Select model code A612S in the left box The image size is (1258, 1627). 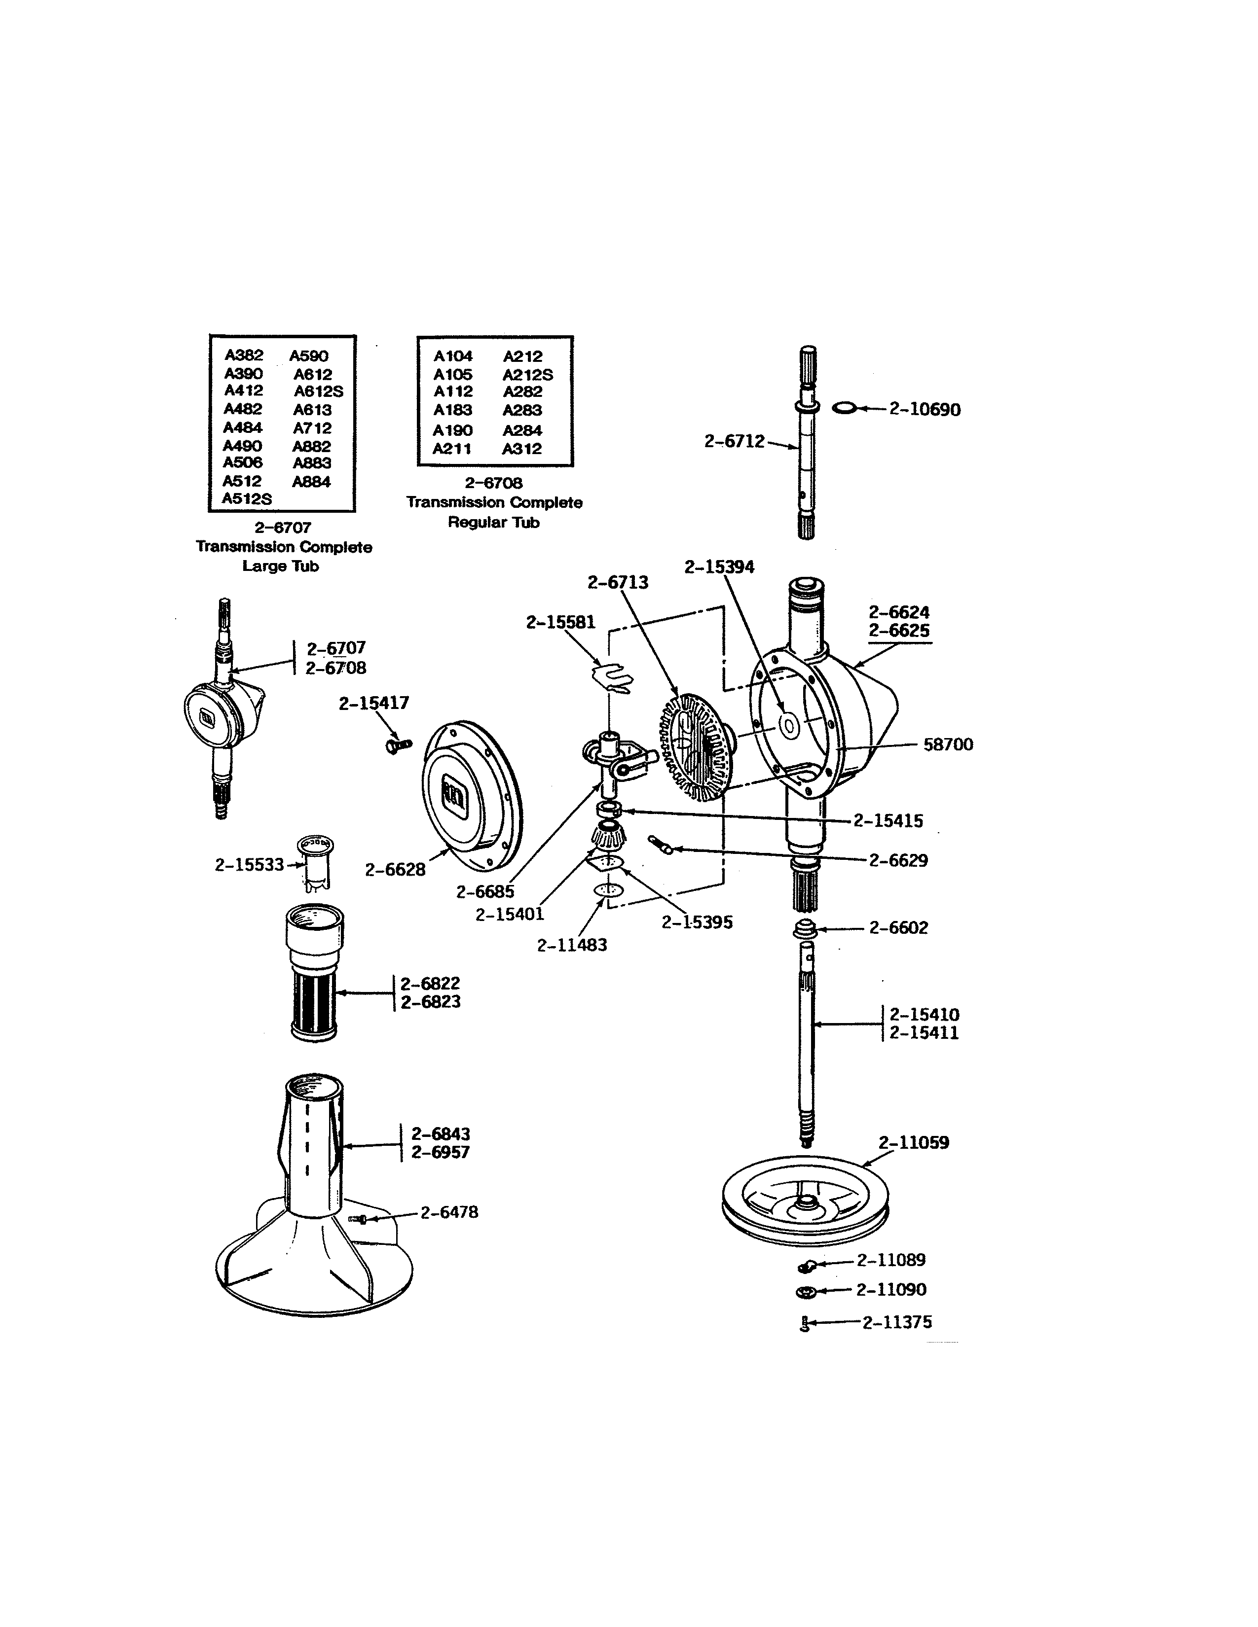tap(318, 391)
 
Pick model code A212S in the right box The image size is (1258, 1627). tap(528, 375)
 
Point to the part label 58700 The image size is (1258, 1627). tap(948, 744)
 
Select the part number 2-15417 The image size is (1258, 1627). tap(374, 703)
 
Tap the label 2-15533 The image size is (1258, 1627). tap(250, 864)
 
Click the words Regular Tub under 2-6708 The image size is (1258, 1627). tap(493, 522)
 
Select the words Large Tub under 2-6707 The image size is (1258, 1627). tap(280, 566)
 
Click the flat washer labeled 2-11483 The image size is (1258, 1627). tap(609, 890)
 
